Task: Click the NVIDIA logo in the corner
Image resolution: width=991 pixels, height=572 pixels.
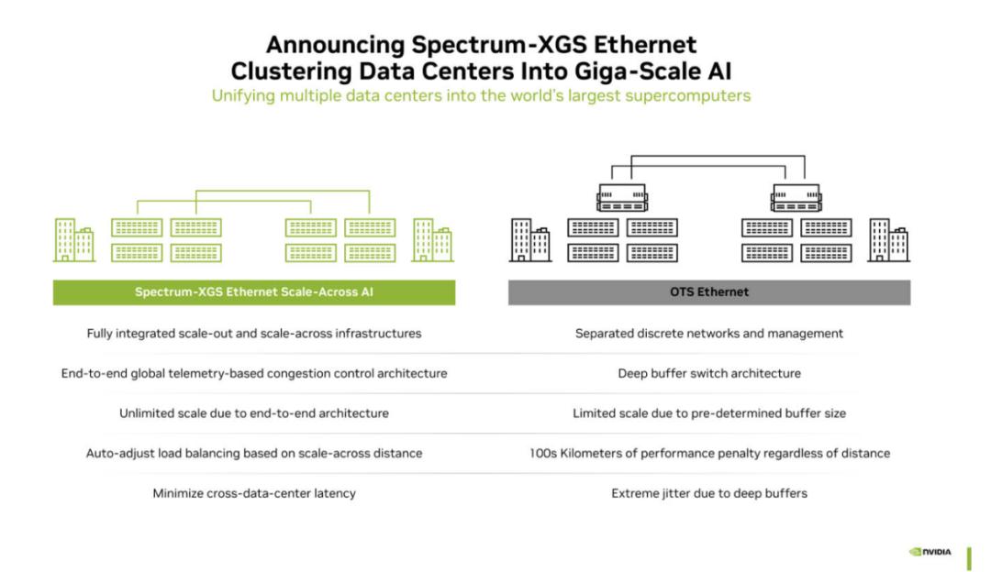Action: click(x=929, y=552)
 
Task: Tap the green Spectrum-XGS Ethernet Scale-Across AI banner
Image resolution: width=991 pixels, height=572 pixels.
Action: click(x=254, y=292)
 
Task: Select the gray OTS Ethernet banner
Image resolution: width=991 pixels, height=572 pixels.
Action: click(x=709, y=292)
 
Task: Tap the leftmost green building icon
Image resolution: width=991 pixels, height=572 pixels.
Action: click(x=74, y=240)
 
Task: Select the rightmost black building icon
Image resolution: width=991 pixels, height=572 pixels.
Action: click(x=888, y=240)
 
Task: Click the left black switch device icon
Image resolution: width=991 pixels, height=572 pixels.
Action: click(x=622, y=198)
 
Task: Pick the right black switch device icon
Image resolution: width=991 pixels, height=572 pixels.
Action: click(x=796, y=198)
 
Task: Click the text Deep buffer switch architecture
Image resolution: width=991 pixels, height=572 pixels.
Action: click(x=709, y=373)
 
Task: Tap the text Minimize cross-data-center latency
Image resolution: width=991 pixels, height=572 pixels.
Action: click(x=254, y=493)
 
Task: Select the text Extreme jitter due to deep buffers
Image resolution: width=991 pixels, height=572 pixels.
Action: click(x=709, y=493)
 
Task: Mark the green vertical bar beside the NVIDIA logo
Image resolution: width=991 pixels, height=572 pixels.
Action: click(x=969, y=559)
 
